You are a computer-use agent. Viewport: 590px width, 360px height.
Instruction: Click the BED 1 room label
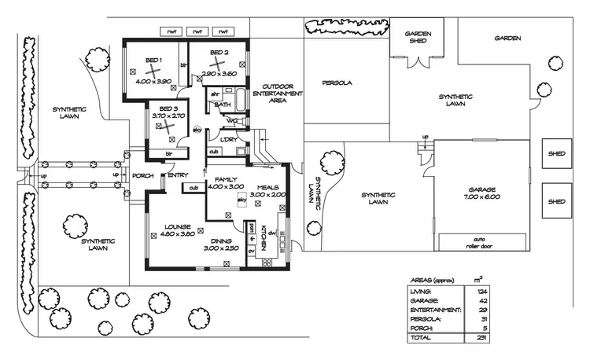153,61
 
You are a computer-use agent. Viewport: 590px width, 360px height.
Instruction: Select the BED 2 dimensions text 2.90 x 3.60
219,73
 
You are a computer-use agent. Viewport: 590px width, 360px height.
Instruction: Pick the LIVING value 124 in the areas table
481,292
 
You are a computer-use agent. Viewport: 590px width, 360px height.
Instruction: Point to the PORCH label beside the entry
142,175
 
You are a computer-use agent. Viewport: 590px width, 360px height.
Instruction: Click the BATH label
223,104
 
